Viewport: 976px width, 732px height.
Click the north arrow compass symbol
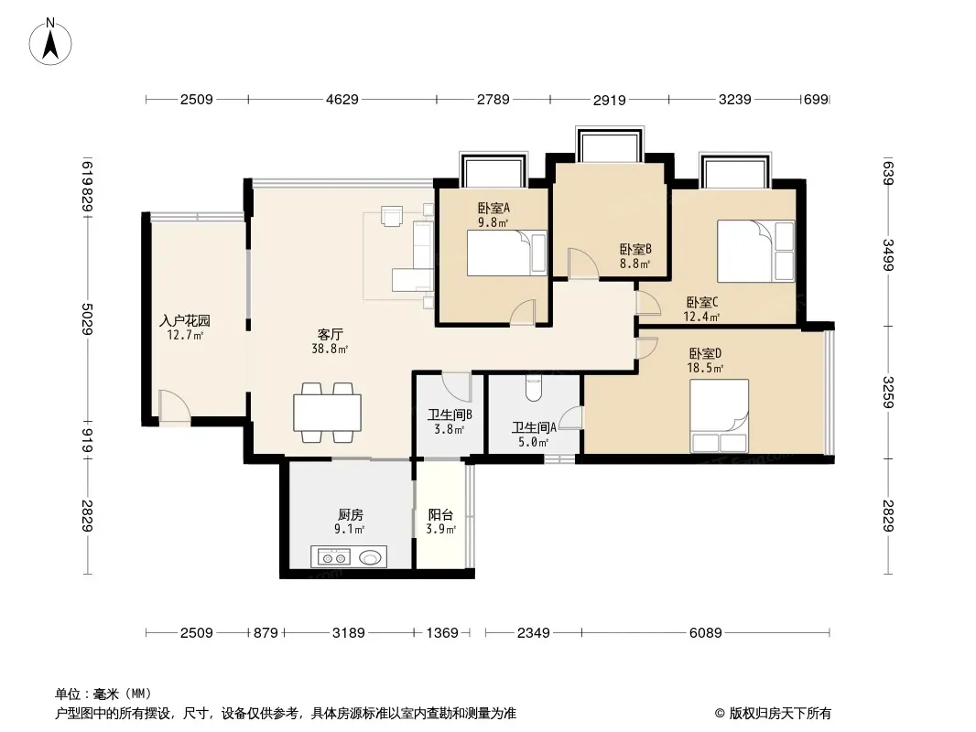[x=50, y=42]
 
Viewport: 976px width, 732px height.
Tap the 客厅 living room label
[x=330, y=335]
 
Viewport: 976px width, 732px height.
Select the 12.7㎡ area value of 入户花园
[x=185, y=336]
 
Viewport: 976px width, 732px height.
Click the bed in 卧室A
[x=506, y=253]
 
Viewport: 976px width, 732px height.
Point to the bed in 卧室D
[x=719, y=415]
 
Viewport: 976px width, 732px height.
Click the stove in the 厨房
[x=332, y=556]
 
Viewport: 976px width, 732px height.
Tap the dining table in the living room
[x=327, y=413]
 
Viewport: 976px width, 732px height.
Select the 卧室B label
[x=635, y=250]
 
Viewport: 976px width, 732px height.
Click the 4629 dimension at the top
[x=342, y=100]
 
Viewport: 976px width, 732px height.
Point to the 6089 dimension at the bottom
[x=705, y=633]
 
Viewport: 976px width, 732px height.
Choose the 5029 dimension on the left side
[x=88, y=319]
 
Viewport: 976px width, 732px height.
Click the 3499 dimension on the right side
[x=889, y=254]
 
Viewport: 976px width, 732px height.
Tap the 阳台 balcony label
[x=440, y=515]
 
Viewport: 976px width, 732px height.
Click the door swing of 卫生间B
[x=456, y=386]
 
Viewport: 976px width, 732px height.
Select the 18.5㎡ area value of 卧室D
[x=705, y=368]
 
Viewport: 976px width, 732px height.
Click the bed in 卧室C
[x=755, y=251]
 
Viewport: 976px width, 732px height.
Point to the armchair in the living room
[x=393, y=216]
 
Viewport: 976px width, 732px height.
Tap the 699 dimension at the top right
[x=816, y=100]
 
